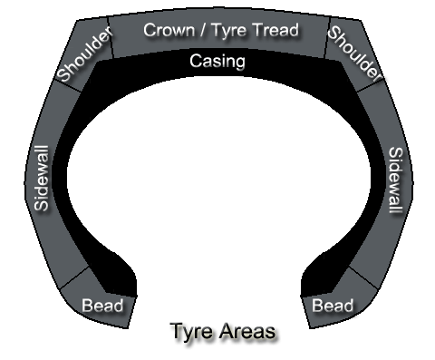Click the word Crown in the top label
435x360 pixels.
pyautogui.click(x=169, y=30)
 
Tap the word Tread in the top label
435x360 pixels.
pyautogui.click(x=275, y=30)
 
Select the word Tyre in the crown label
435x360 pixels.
pyautogui.click(x=230, y=30)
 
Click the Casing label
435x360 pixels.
pyautogui.click(x=217, y=62)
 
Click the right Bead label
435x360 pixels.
pyautogui.click(x=332, y=305)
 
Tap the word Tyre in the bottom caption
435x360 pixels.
pyautogui.click(x=190, y=332)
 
